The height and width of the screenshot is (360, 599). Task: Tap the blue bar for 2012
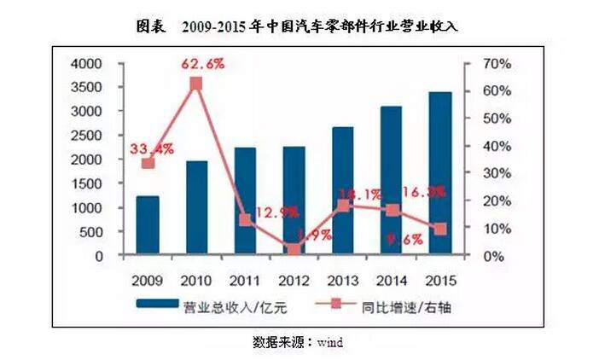[x=294, y=200]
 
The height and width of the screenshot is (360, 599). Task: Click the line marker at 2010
[x=196, y=84]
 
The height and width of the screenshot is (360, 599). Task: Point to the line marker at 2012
[x=294, y=250]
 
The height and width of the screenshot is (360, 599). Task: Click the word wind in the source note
[x=329, y=342]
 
